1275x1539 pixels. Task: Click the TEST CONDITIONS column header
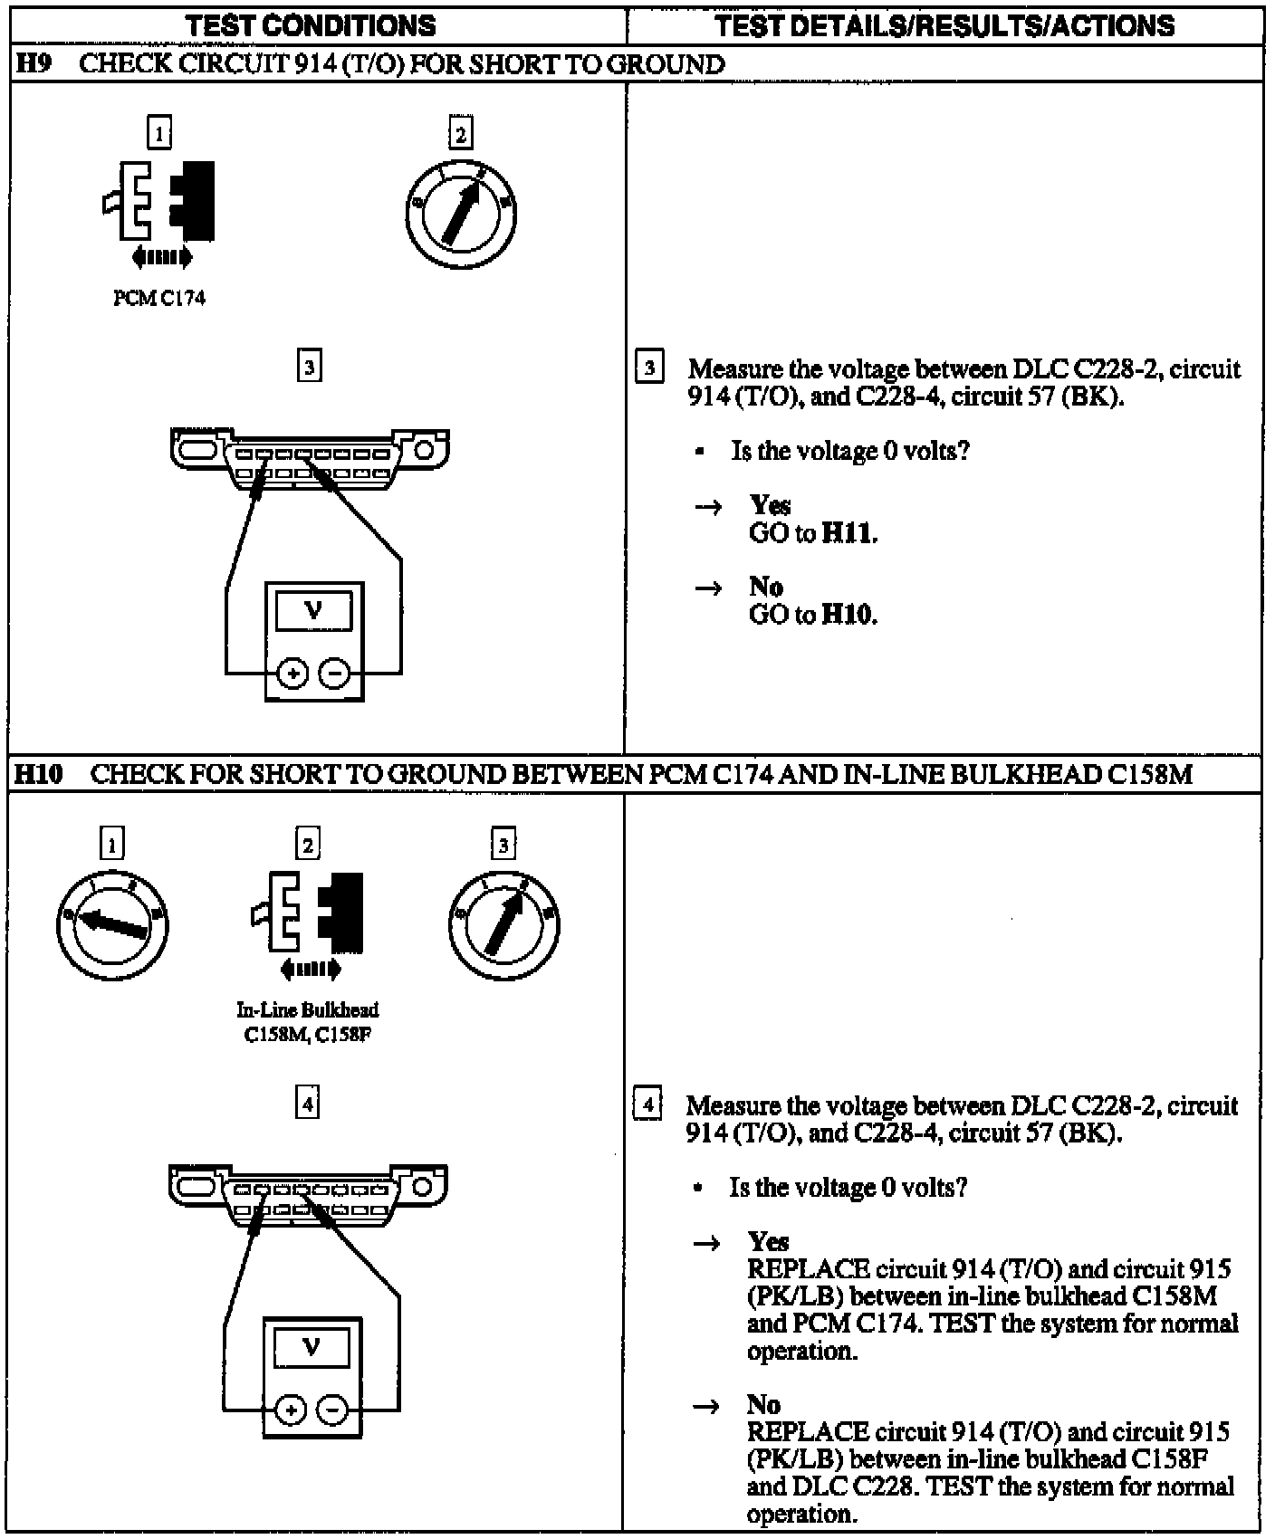click(x=311, y=25)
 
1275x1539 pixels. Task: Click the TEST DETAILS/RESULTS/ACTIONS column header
click(x=944, y=25)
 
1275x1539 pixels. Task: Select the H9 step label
click(x=34, y=64)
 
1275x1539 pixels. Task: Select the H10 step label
click(x=38, y=775)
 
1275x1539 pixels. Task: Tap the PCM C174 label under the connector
click(x=159, y=299)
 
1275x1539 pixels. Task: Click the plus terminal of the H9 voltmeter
click(x=292, y=674)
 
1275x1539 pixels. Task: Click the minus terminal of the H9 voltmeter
click(x=334, y=674)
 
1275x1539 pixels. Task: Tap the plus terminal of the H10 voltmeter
click(x=290, y=1410)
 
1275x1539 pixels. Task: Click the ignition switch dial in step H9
click(x=461, y=214)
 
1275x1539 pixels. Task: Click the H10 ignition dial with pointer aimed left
click(x=112, y=924)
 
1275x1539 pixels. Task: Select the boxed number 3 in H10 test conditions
click(x=503, y=845)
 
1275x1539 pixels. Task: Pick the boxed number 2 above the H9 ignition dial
click(x=460, y=134)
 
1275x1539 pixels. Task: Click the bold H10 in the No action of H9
click(x=849, y=615)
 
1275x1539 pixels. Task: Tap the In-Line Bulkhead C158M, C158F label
click(x=308, y=1022)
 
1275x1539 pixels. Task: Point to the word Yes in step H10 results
click(x=768, y=1241)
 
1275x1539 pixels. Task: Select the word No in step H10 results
click(x=763, y=1405)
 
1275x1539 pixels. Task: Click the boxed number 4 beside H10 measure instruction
click(x=647, y=1105)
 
